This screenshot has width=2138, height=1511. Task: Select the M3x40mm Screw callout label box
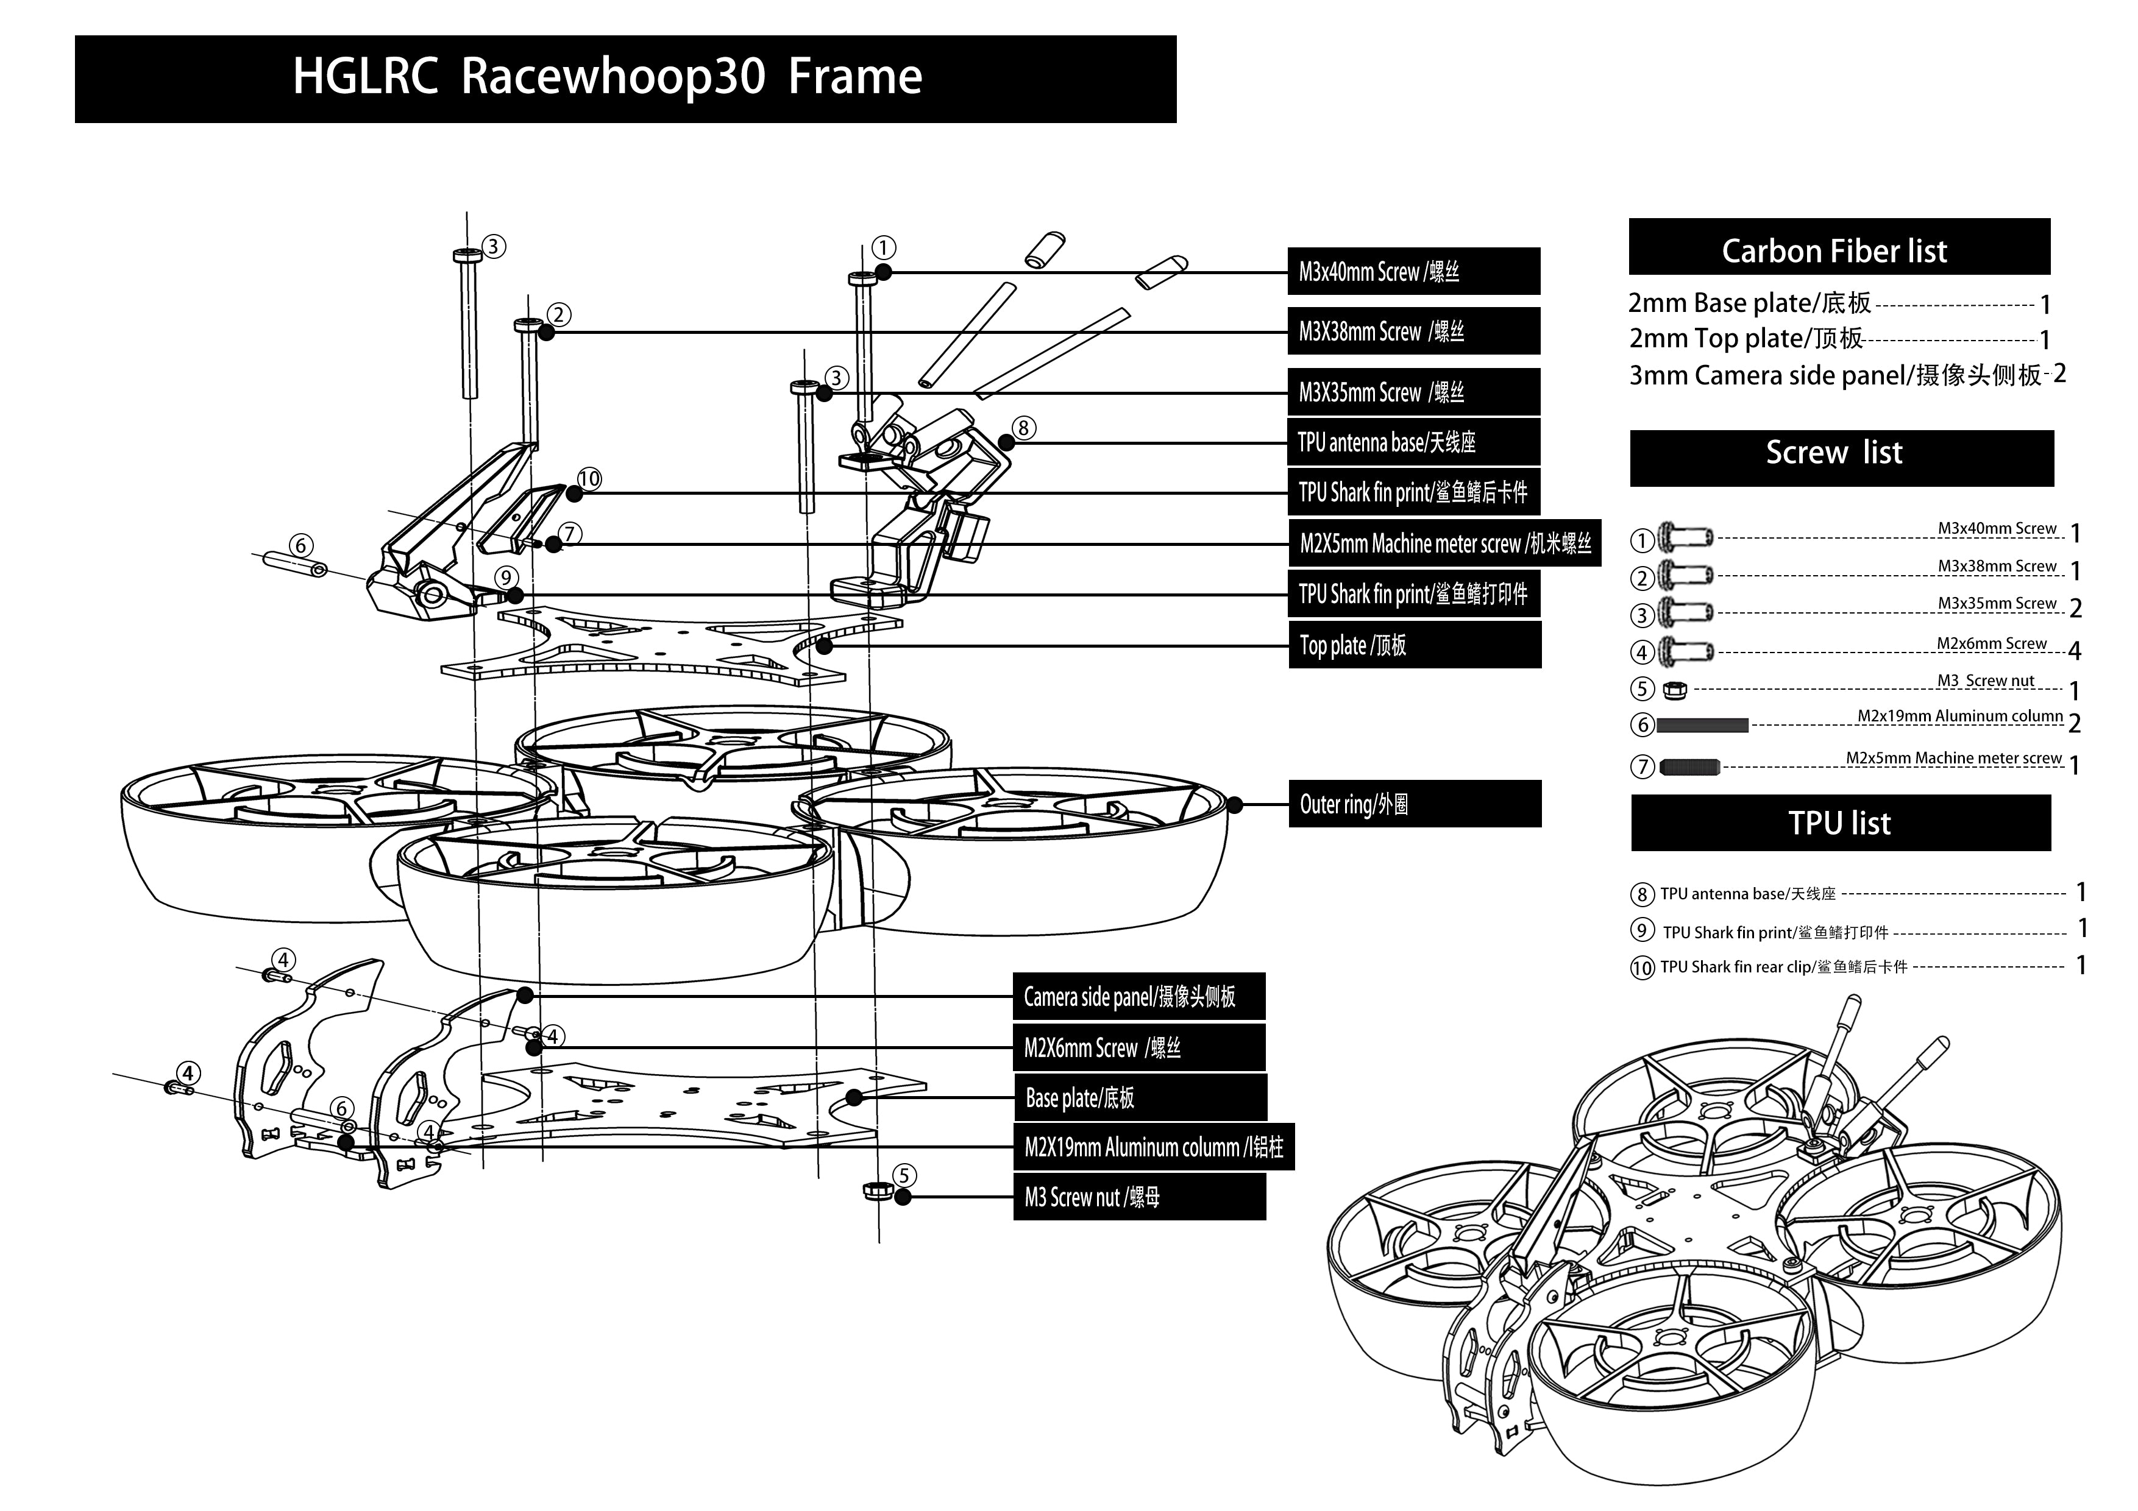[1413, 272]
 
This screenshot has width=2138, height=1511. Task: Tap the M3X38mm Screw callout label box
[1413, 331]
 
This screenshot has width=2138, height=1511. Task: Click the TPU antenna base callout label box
[1413, 442]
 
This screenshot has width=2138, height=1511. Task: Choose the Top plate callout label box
[1413, 645]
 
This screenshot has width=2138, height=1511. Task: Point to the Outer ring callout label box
[1413, 804]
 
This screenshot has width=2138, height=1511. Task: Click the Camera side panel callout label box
[1138, 997]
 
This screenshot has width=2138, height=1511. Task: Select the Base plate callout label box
[1139, 1098]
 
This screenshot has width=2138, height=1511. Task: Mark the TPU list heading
[1840, 823]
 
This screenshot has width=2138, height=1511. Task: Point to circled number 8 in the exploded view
[1023, 428]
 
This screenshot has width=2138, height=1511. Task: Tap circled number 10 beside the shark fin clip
[589, 479]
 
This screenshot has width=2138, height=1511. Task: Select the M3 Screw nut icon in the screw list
[1674, 690]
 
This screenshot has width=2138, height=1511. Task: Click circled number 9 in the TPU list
[1642, 931]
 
